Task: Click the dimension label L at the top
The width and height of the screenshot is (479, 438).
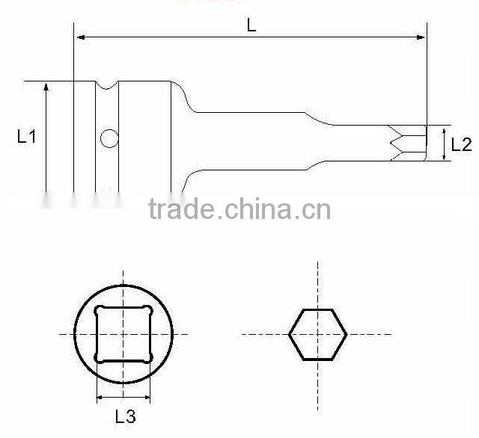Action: pyautogui.click(x=251, y=25)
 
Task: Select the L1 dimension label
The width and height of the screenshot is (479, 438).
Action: pyautogui.click(x=27, y=137)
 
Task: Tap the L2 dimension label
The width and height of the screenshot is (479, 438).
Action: pyautogui.click(x=463, y=144)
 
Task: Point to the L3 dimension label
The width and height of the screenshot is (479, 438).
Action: pyautogui.click(x=123, y=416)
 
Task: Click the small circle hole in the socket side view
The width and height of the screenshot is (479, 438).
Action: pyautogui.click(x=109, y=138)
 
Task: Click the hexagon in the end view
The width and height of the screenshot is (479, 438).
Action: pyautogui.click(x=317, y=333)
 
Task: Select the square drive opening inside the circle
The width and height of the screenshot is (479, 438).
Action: pyautogui.click(x=123, y=333)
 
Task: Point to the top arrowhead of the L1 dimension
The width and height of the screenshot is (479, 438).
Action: pyautogui.click(x=46, y=85)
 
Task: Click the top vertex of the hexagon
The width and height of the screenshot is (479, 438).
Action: pyautogui.click(x=317, y=308)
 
